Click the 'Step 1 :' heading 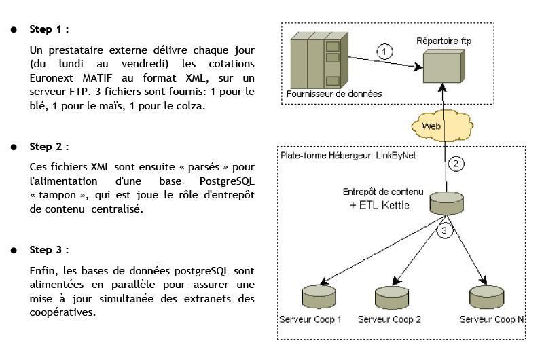(49, 29)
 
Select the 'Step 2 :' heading (49, 147)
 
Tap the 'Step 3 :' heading (49, 251)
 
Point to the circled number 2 (456, 164)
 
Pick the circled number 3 (444, 231)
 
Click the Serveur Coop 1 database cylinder (319, 296)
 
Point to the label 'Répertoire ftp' (444, 41)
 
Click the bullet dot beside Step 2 (14, 147)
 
